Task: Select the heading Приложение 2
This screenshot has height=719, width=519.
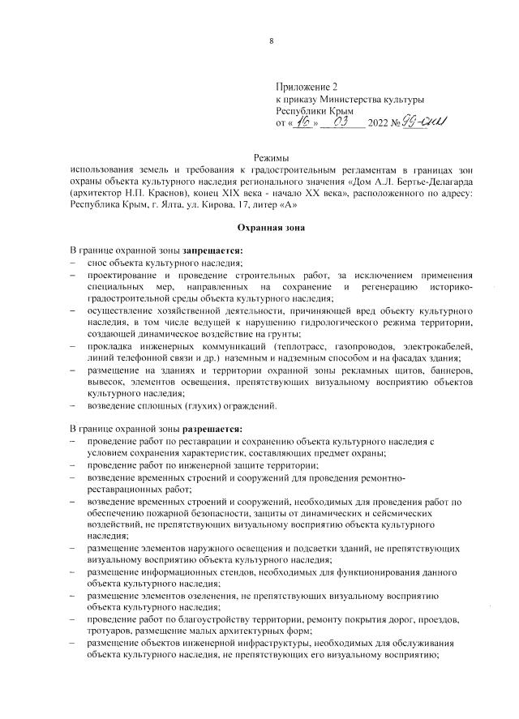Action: coord(306,85)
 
